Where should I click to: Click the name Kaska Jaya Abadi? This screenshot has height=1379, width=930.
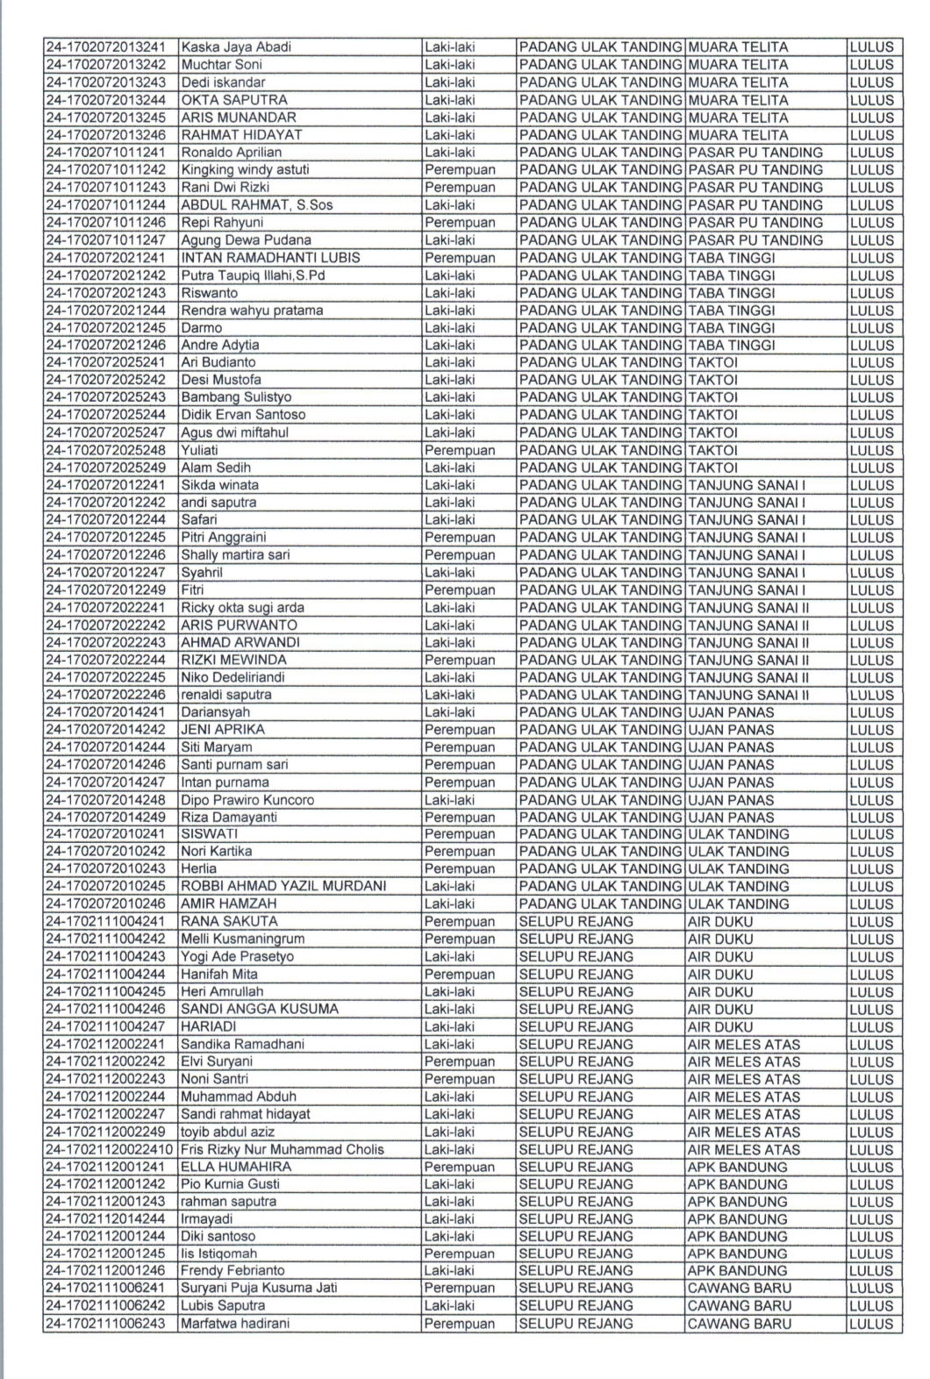[x=236, y=47]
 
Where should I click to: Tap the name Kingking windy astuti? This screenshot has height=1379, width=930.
[x=245, y=170]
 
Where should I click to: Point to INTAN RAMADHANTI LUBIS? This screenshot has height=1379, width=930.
[x=270, y=258]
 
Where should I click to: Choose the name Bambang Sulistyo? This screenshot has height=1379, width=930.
[x=236, y=397]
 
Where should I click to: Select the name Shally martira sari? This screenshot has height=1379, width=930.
[x=235, y=555]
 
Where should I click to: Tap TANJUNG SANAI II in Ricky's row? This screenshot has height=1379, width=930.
[x=748, y=607]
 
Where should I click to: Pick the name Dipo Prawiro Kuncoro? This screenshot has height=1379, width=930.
[x=247, y=800]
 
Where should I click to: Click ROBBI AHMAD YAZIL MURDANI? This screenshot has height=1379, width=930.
[x=283, y=886]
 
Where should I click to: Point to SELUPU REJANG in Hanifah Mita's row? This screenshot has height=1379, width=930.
[x=576, y=975]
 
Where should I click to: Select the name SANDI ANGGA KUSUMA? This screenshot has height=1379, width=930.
[x=260, y=1009]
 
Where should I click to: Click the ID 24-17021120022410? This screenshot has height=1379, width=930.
[x=110, y=1149]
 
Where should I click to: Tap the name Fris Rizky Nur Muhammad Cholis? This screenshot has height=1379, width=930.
[x=283, y=1149]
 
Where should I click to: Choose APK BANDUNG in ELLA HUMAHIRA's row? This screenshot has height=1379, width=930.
[x=738, y=1167]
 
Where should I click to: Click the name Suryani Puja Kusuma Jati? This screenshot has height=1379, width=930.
[x=259, y=1288]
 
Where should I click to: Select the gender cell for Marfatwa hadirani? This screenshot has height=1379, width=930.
[x=460, y=1324]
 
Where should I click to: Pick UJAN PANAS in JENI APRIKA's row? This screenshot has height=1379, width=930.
[x=731, y=730]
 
